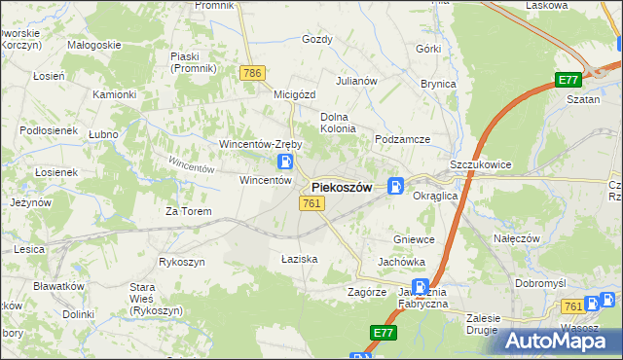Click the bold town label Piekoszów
[341, 188]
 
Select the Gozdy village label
[317, 40]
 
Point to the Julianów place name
[356, 81]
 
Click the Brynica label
[438, 84]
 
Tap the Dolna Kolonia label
[338, 123]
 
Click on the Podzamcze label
[403, 139]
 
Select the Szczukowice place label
[481, 165]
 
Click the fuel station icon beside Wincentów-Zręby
[285, 162]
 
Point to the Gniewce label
[413, 239]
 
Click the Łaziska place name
[300, 259]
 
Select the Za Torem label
[188, 211]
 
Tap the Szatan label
[584, 99]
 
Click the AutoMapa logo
[564, 340]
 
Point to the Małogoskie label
[93, 45]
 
